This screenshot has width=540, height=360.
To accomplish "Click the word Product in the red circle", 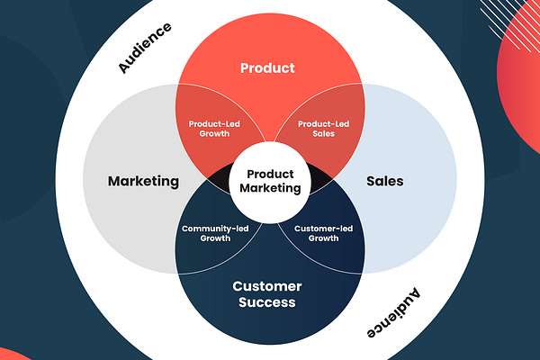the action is pos(267,67).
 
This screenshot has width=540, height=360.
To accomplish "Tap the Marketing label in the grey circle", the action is pos(143,181).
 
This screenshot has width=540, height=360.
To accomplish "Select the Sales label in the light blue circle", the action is pos(385,181).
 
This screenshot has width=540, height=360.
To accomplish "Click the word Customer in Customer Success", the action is pos(267,286).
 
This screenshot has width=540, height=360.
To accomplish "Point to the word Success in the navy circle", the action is pos(267,302).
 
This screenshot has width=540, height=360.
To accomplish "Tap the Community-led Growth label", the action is pos(215,233).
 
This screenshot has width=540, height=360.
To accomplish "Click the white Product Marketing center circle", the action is pos(267,181).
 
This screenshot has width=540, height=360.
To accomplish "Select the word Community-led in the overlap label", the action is pos(215,228).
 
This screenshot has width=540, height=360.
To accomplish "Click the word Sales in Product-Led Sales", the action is pos(323,134).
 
